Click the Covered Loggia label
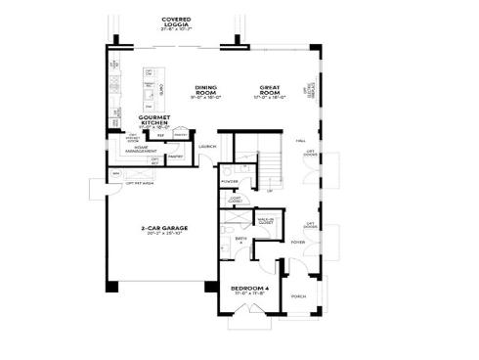[x=176, y=20]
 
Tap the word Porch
[x=299, y=296]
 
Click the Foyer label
[x=299, y=241]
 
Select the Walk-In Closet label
[x=265, y=221]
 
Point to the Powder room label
[x=231, y=181]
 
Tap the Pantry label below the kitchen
[x=176, y=156]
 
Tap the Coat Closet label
[x=235, y=201]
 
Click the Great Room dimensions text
[x=269, y=97]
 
